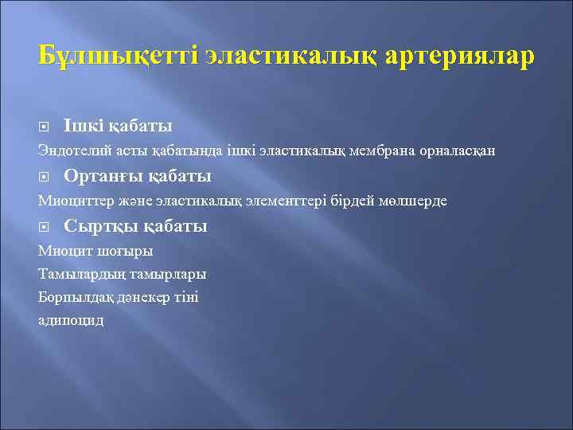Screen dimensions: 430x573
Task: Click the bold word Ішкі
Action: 80,126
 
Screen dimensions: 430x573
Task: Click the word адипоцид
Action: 71,320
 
